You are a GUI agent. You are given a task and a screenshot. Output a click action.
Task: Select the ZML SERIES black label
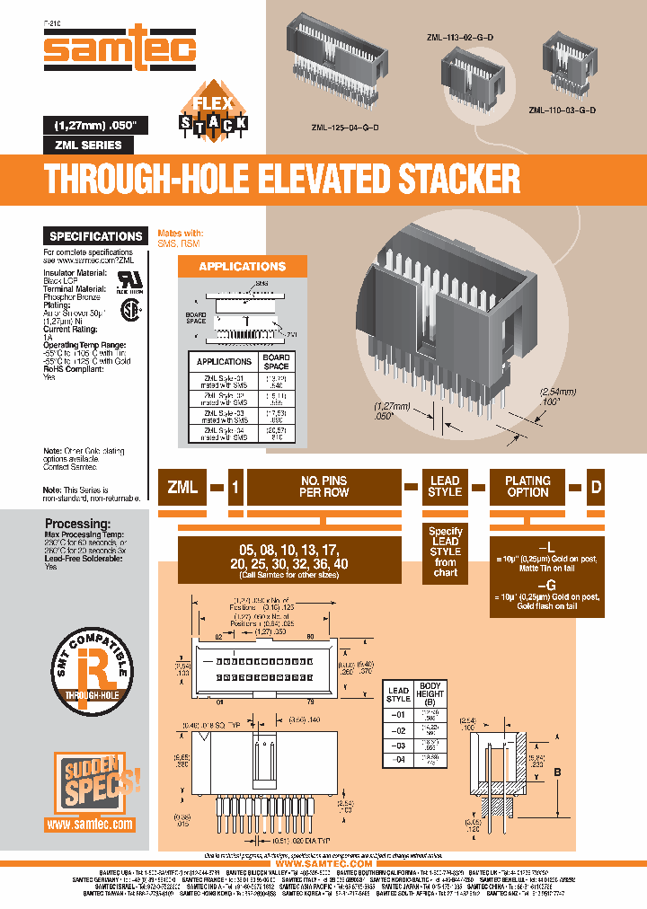89,145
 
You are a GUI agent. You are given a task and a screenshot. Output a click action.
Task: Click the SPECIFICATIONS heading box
96,236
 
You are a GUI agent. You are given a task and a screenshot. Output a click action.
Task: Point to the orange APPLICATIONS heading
242,267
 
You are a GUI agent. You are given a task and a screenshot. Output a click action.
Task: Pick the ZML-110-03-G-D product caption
563,110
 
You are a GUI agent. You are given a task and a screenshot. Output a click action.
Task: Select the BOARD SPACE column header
276,361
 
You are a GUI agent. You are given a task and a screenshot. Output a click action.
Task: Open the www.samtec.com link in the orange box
89,824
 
